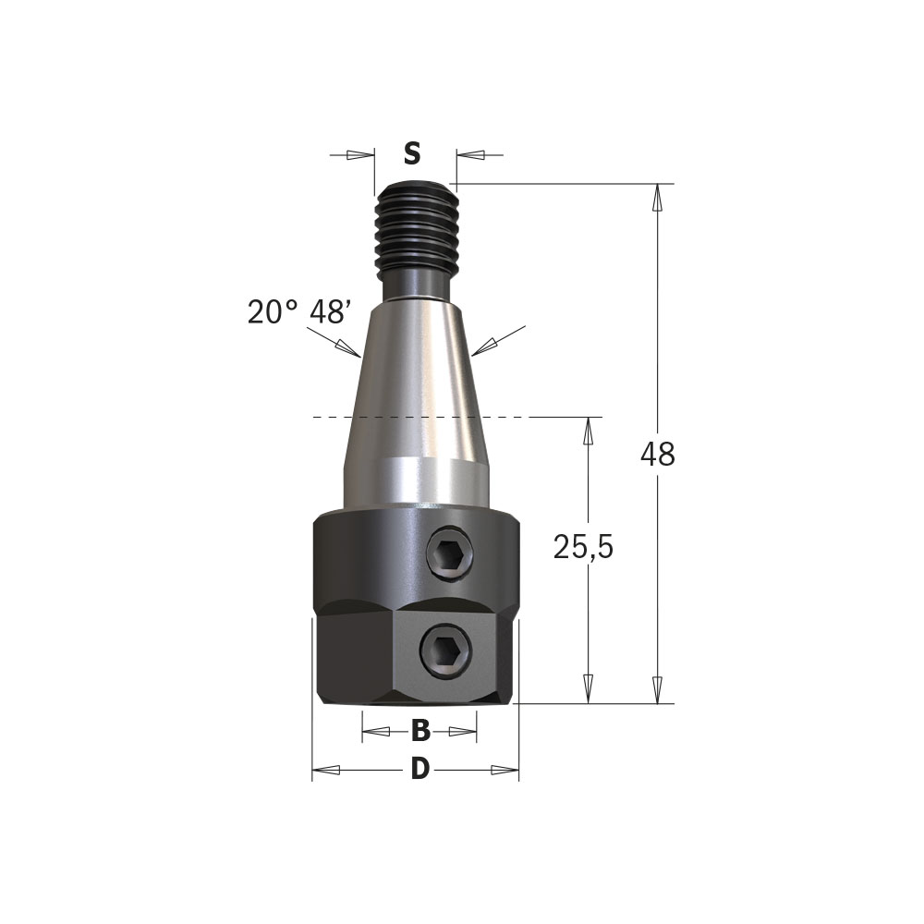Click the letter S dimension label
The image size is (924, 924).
tap(412, 154)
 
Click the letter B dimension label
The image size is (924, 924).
tap(420, 731)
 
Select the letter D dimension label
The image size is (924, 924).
tap(419, 770)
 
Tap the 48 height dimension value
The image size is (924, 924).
tap(658, 455)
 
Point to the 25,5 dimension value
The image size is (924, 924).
tap(583, 547)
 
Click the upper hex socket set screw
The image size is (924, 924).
tap(450, 554)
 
